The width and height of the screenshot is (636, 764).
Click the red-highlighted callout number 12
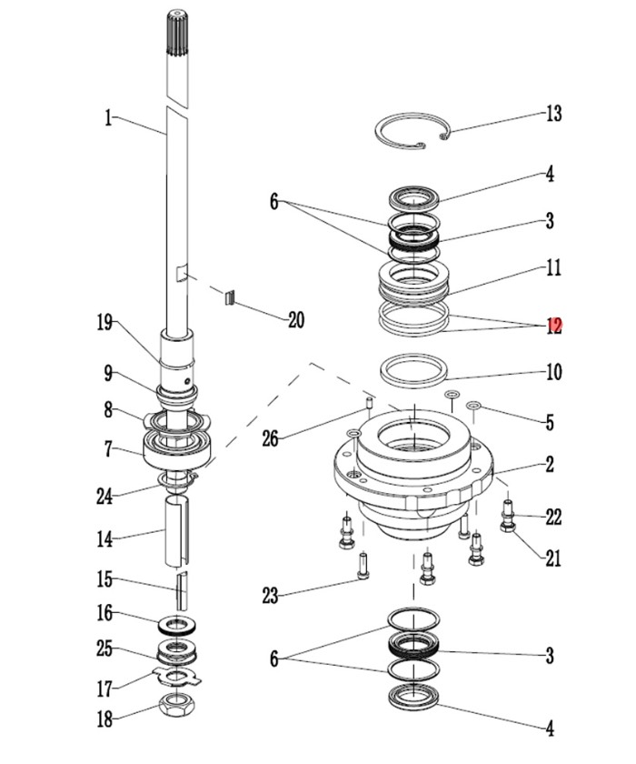pyautogui.click(x=553, y=326)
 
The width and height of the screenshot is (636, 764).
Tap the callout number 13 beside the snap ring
pyautogui.click(x=553, y=115)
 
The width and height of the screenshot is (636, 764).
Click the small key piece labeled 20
pyautogui.click(x=231, y=297)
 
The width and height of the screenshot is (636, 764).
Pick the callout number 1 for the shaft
pyautogui.click(x=108, y=117)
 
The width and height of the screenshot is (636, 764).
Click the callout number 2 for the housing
pyautogui.click(x=551, y=465)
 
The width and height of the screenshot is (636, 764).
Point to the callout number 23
pyautogui.click(x=270, y=596)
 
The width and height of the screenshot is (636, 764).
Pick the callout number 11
pyautogui.click(x=553, y=268)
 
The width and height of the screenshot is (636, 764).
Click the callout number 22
pyautogui.click(x=553, y=518)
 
